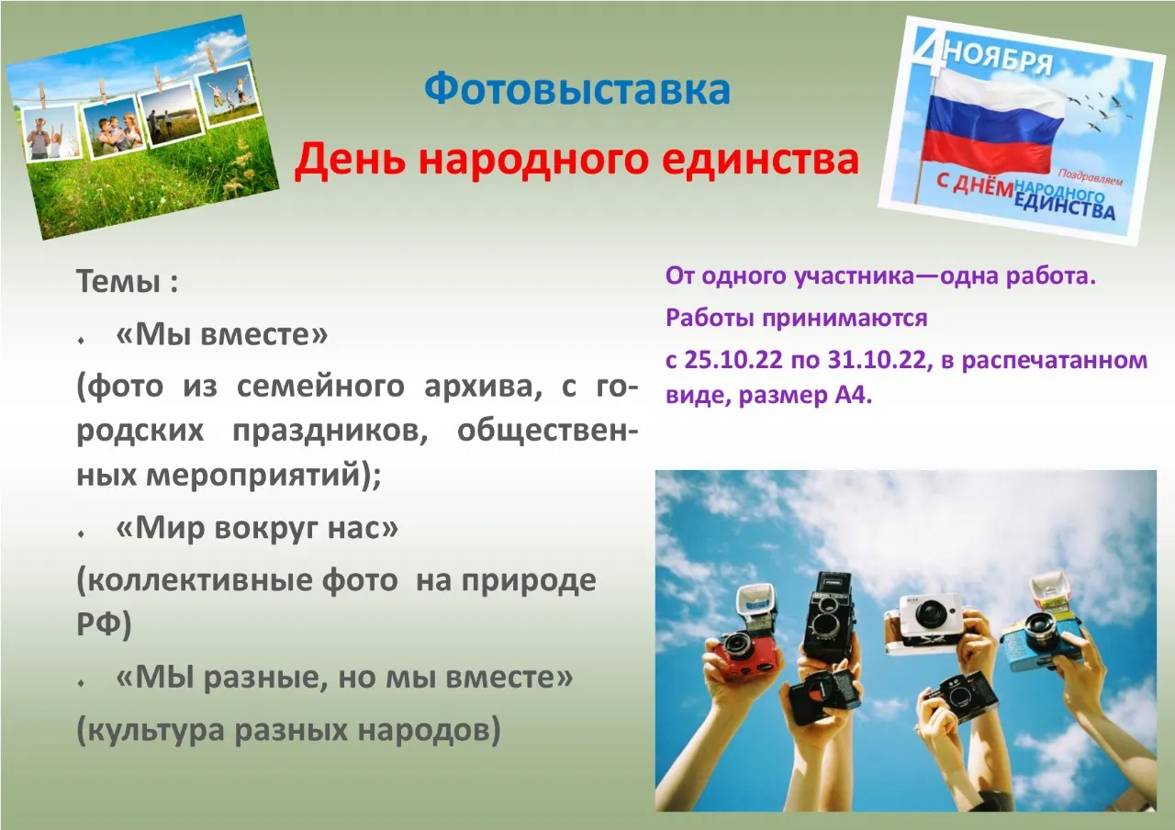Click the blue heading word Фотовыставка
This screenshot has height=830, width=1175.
pos(577,90)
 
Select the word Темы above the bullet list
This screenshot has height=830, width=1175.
pos(118,281)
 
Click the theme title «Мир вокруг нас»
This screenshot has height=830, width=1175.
pos(257,528)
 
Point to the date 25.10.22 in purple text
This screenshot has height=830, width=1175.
pos(733,361)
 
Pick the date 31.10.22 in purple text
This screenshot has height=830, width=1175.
pos(877,361)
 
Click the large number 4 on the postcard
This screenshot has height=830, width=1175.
pos(930,52)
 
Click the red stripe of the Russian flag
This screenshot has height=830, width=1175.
pos(987,152)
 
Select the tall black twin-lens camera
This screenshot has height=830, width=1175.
pos(829,617)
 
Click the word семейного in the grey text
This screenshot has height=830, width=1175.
pos(320,387)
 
